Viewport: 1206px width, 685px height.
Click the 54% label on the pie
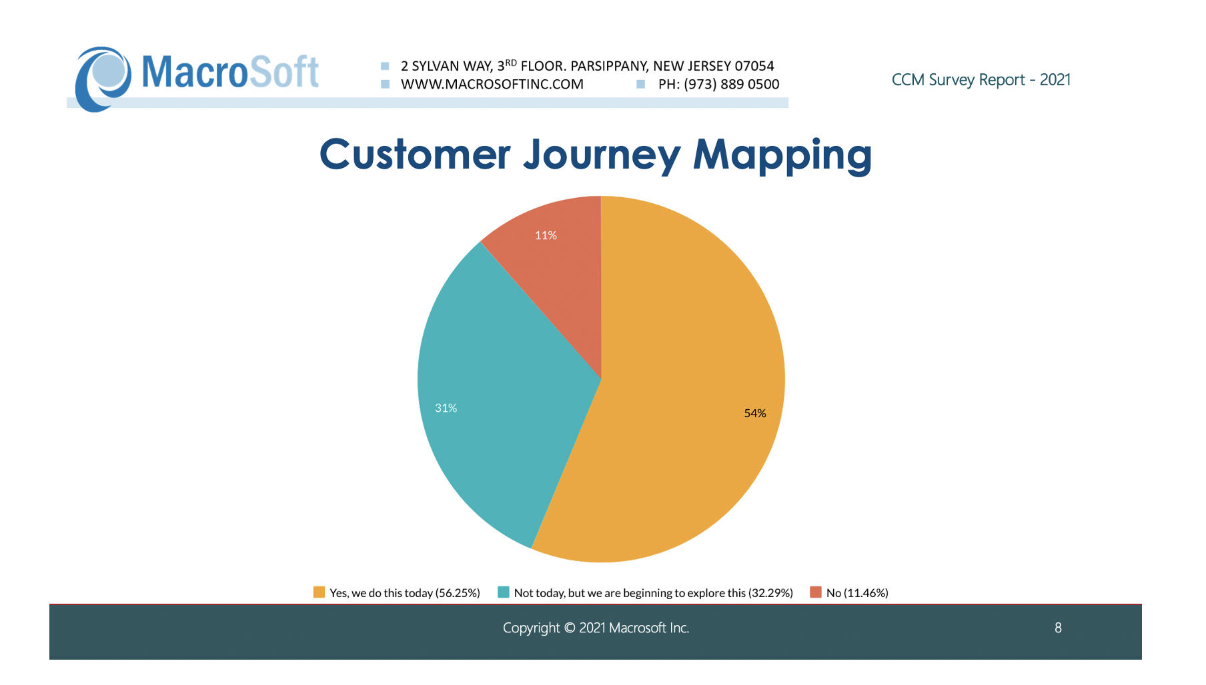point(754,413)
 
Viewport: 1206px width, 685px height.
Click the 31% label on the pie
point(446,408)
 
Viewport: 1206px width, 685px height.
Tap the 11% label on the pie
point(546,235)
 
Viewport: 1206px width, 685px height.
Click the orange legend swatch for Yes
point(319,592)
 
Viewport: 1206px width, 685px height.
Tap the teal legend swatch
point(504,592)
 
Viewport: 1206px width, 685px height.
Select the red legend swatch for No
point(815,592)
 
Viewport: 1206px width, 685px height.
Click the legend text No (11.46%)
point(857,593)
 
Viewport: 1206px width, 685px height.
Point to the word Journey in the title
point(602,155)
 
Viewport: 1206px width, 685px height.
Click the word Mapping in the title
point(782,155)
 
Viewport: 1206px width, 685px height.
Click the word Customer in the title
point(414,155)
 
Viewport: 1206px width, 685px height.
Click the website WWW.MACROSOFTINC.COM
point(492,85)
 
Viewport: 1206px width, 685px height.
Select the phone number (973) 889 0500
point(731,85)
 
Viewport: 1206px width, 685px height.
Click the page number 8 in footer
point(1058,628)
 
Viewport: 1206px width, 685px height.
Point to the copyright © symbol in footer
point(569,628)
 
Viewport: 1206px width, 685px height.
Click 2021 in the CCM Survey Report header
point(1055,80)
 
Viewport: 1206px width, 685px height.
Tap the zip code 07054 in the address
point(754,66)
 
